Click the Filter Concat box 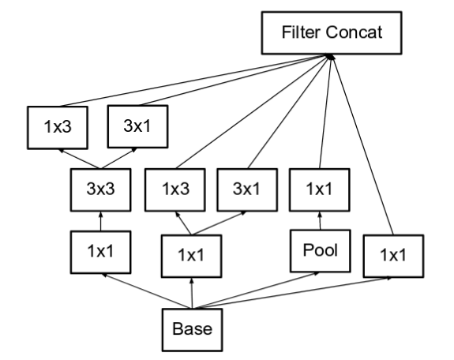tap(332, 32)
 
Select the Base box tap(192, 330)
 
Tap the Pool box tap(321, 251)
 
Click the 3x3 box tap(100, 189)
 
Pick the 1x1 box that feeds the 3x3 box tap(100, 252)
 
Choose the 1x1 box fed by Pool tap(319, 189)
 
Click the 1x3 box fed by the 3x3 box tap(58, 127)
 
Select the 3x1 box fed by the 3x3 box tap(137, 126)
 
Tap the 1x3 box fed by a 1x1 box tap(175, 189)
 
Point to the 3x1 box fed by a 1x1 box tap(247, 189)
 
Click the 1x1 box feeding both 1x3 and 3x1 tap(191, 256)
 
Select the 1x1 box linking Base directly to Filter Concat tap(393, 256)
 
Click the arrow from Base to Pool tap(256, 291)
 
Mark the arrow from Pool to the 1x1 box tap(320, 221)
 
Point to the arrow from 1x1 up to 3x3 tap(101, 222)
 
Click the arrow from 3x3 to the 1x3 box tap(79, 159)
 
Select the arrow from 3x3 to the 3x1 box tap(118, 158)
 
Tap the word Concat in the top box tap(354, 32)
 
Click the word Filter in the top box tap(302, 32)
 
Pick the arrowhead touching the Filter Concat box tap(330, 57)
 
